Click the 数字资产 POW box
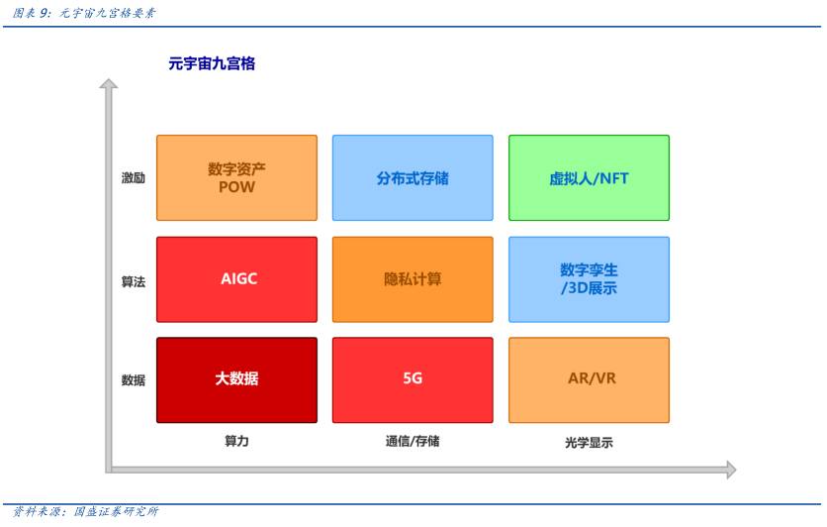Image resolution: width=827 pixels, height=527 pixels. (236, 178)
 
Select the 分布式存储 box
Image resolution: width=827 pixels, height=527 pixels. (413, 178)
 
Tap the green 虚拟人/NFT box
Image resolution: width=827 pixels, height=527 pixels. (589, 178)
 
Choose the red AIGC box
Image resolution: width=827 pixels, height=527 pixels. (236, 279)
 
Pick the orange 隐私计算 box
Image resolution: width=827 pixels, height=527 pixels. (413, 279)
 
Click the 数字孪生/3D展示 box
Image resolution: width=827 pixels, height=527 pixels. (589, 279)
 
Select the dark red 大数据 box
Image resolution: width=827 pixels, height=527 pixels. (236, 379)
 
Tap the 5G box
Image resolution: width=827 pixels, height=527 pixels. (413, 379)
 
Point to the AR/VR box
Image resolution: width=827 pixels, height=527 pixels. (589, 379)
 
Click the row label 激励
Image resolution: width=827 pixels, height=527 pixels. (133, 178)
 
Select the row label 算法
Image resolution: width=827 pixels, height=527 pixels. (133, 281)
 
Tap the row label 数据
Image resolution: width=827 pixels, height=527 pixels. (133, 380)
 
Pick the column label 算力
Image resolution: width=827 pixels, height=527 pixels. (236, 441)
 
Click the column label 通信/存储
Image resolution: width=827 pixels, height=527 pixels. (413, 441)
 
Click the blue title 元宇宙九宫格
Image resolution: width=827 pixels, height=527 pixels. (212, 63)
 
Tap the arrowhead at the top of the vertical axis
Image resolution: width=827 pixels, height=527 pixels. (109, 85)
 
